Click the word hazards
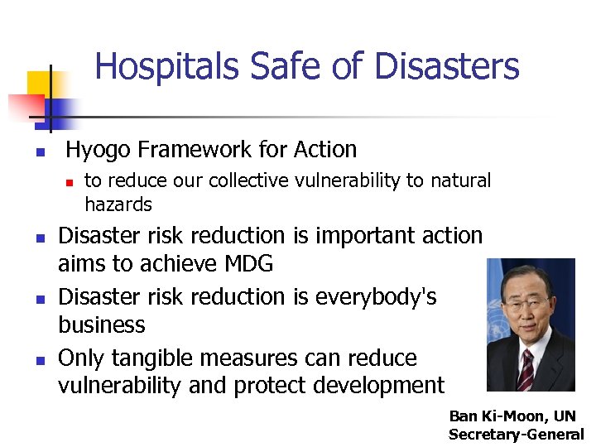click(118, 204)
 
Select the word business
click(101, 324)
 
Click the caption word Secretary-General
click(516, 435)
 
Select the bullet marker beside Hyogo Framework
click(39, 152)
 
